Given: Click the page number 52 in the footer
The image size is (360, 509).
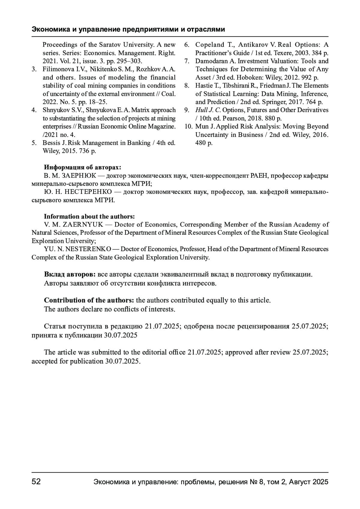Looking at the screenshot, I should click(x=36, y=482).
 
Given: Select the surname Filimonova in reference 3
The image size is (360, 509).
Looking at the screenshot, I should click(x=56, y=69).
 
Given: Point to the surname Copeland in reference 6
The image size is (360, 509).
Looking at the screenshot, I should click(x=209, y=45).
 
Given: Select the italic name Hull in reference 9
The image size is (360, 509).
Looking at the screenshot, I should click(x=201, y=110).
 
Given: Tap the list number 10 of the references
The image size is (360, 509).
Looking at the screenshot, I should click(x=188, y=127).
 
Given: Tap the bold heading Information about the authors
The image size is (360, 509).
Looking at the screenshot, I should click(x=89, y=216).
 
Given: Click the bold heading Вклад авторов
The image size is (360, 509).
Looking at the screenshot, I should click(x=70, y=274).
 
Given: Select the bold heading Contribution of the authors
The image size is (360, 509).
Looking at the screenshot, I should click(x=89, y=300).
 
